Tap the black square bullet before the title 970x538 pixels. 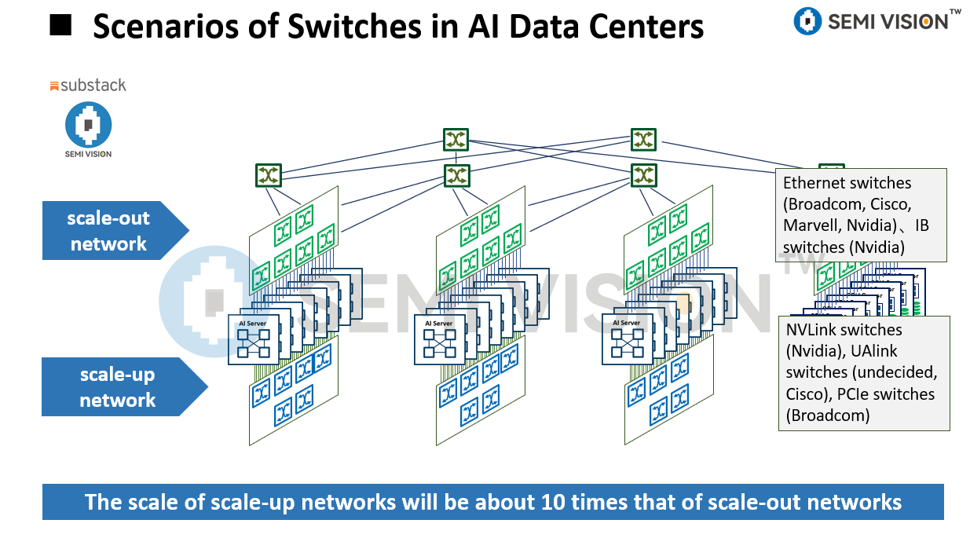(x=60, y=26)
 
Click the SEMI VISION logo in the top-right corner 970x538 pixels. (x=877, y=21)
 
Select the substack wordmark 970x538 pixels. (x=87, y=85)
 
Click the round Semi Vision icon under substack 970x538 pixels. (x=88, y=125)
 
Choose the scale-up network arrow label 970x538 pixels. (x=118, y=387)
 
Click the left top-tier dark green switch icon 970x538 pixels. (x=456, y=141)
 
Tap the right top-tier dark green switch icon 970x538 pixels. (x=643, y=139)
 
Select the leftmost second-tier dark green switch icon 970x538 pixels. (x=268, y=175)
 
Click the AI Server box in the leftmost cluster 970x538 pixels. (x=254, y=339)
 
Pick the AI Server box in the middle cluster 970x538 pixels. (x=439, y=339)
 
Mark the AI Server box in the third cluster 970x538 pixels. (x=627, y=339)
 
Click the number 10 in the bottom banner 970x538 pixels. (x=529, y=502)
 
